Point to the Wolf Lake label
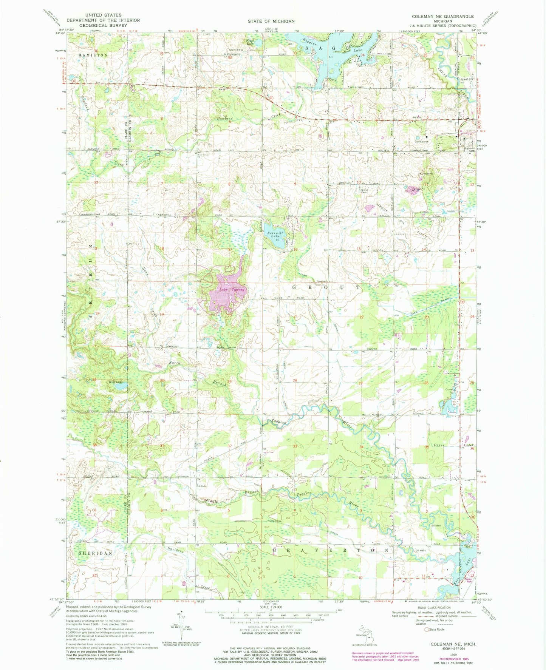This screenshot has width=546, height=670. pyautogui.click(x=115, y=382)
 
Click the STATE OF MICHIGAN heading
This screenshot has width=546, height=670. pyautogui.click(x=271, y=21)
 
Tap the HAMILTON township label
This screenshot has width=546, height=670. pyautogui.click(x=93, y=55)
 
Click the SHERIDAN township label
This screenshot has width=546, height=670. pyautogui.click(x=96, y=553)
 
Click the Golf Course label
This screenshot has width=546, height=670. pyautogui.click(x=421, y=142)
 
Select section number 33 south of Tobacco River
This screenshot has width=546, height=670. pyautogui.click(x=295, y=446)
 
